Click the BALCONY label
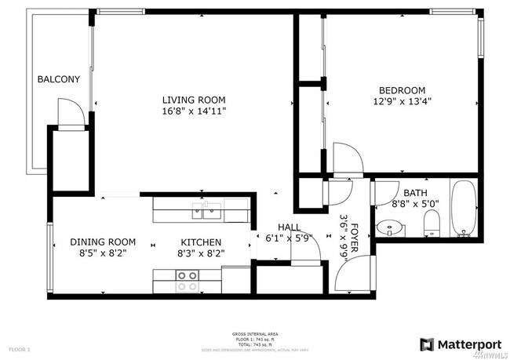point(59,79)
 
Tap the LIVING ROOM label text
point(194,100)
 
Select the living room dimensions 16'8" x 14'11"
point(194,111)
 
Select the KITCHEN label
point(201,242)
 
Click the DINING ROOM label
point(103,242)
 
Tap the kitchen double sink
point(209,209)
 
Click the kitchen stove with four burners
point(187,281)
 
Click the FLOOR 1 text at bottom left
point(19,347)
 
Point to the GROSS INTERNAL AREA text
point(254,333)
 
